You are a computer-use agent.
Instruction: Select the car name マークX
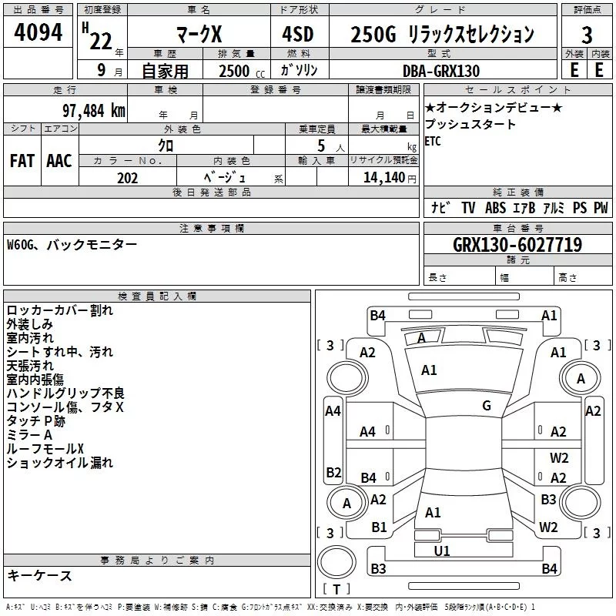pos(198,35)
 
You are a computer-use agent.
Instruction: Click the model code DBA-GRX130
pos(441,71)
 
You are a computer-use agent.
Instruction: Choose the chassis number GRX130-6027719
pos(517,245)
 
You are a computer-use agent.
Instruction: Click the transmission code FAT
pos(22,160)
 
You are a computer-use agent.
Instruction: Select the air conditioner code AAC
pos(59,160)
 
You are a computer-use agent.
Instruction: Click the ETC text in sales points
pos(433,141)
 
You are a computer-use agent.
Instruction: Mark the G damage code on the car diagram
pos(487,406)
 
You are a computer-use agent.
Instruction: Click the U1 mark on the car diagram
pos(442,551)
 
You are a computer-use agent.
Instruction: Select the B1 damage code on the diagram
pos(379,527)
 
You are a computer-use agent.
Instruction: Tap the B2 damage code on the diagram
pos(333,472)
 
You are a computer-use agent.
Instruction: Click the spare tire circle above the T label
pos(337,563)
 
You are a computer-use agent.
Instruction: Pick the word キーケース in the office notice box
pos(39,575)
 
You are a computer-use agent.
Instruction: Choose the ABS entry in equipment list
pos(495,208)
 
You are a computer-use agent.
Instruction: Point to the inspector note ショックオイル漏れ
pos(59,463)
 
